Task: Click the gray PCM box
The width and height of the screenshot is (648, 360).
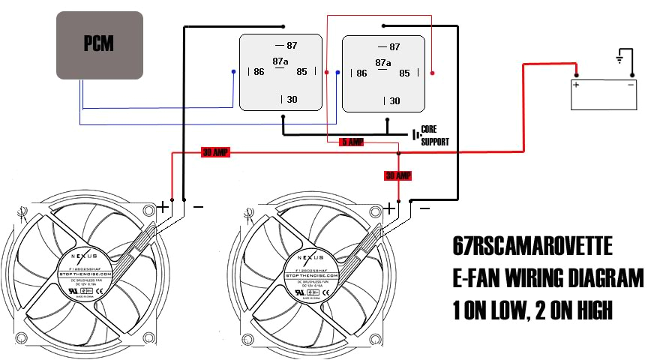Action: (x=99, y=44)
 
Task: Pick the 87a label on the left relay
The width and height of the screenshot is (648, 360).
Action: (x=280, y=61)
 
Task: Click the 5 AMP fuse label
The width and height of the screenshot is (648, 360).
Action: (x=352, y=142)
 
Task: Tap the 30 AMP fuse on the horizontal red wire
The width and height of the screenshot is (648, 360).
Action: (x=216, y=152)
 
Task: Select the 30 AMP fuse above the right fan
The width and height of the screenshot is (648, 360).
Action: (x=398, y=175)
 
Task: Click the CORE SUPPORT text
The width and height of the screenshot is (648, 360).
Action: (x=436, y=135)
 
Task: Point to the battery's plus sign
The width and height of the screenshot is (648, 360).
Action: (x=577, y=85)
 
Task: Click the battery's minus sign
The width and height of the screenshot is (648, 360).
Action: (x=630, y=85)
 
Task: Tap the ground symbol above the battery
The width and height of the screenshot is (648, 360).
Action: (x=619, y=58)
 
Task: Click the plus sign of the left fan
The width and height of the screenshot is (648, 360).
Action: (x=163, y=206)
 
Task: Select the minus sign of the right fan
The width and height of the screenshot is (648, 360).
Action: (x=424, y=208)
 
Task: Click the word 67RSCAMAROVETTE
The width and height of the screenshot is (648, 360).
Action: (x=532, y=247)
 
